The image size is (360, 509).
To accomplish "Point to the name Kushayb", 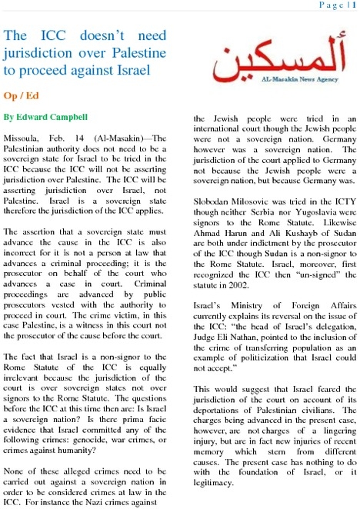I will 305,220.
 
